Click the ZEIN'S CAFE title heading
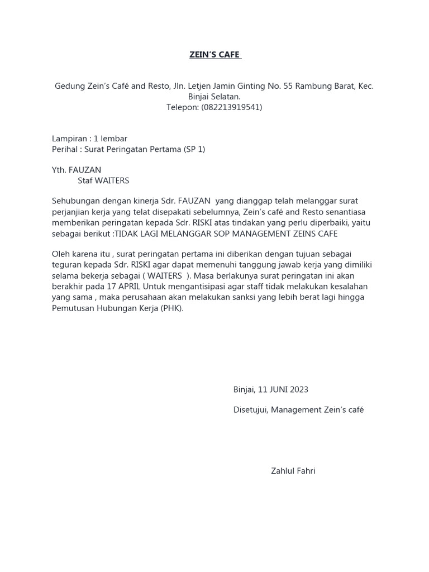click(x=214, y=55)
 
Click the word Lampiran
click(x=70, y=139)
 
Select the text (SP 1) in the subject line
click(x=194, y=149)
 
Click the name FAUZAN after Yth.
click(x=85, y=170)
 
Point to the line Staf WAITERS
click(x=103, y=180)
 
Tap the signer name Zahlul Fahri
click(x=293, y=471)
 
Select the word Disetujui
click(x=251, y=409)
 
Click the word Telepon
click(x=182, y=107)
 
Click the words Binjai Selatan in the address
click(x=214, y=97)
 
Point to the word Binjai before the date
click(x=244, y=389)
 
